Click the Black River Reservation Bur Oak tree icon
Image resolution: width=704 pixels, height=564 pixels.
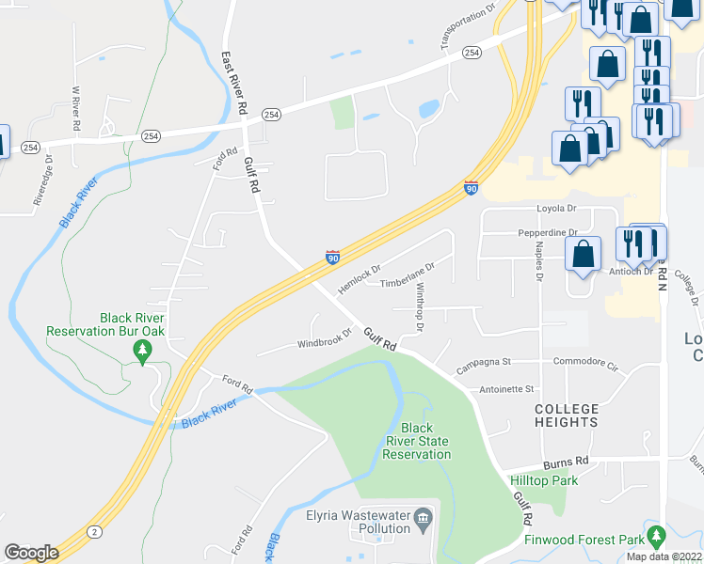143,352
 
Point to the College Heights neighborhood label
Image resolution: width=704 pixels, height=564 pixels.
567,415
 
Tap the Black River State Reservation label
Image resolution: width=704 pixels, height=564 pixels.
417,441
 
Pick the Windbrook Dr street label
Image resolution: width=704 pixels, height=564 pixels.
325,337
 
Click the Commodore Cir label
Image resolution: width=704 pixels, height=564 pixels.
584,362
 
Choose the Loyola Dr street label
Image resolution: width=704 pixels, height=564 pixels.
555,209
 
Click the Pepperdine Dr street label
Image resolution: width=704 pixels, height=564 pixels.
548,232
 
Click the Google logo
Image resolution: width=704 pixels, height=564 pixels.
31,553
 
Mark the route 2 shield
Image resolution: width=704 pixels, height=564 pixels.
94,531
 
